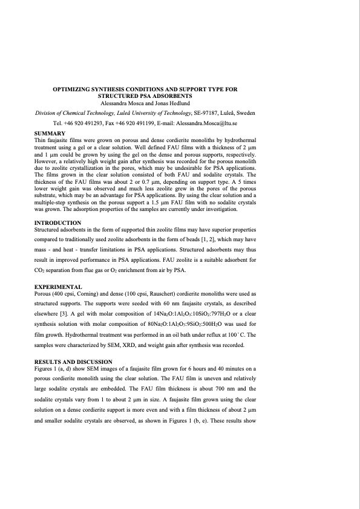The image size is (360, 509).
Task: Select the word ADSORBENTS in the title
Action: tap(172, 96)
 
